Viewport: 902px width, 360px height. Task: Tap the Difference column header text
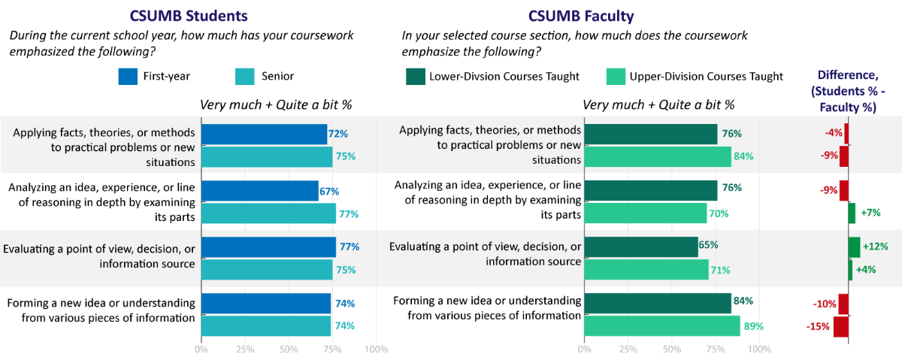[x=847, y=91]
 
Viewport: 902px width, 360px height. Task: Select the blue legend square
[x=128, y=77]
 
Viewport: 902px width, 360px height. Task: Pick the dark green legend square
[x=416, y=77]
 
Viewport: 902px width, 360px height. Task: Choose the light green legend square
[x=616, y=77]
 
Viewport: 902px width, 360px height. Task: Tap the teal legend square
[x=245, y=77]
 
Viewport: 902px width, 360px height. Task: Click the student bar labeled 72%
[x=264, y=134]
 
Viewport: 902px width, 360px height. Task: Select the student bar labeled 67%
[x=259, y=191]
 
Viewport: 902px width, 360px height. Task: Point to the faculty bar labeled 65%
[x=640, y=247]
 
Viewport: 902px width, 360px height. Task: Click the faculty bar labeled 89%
[x=661, y=326]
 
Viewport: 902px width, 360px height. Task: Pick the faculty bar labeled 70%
[x=645, y=213]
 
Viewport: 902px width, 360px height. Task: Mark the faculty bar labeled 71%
[x=646, y=269]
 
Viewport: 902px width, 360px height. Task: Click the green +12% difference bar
[x=854, y=247]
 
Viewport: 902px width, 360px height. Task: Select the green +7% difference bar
[x=852, y=213]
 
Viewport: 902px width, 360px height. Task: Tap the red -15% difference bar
[x=840, y=326]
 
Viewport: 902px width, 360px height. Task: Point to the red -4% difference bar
[x=846, y=134]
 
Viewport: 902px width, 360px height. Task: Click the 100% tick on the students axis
[x=376, y=349]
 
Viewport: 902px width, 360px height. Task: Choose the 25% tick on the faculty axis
[x=628, y=349]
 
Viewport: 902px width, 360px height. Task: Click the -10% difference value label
[x=825, y=304]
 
